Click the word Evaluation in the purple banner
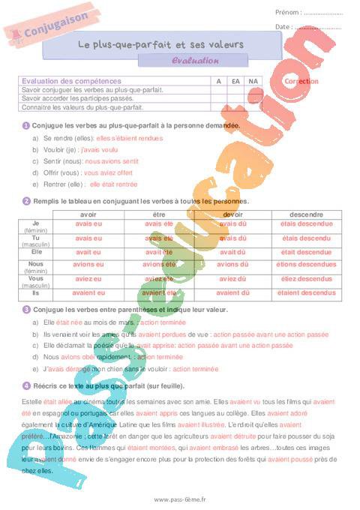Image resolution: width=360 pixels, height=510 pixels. [195, 61]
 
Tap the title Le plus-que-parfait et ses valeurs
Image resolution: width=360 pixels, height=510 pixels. [160, 44]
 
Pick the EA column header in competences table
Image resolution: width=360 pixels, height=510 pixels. [235, 81]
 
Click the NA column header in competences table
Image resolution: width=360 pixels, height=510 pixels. [253, 81]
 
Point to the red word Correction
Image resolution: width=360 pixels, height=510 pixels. [302, 81]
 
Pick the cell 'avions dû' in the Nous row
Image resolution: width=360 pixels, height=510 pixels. [232, 264]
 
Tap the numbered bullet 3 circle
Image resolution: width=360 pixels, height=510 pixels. [26, 309]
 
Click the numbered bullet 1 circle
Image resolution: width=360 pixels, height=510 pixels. [26, 125]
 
